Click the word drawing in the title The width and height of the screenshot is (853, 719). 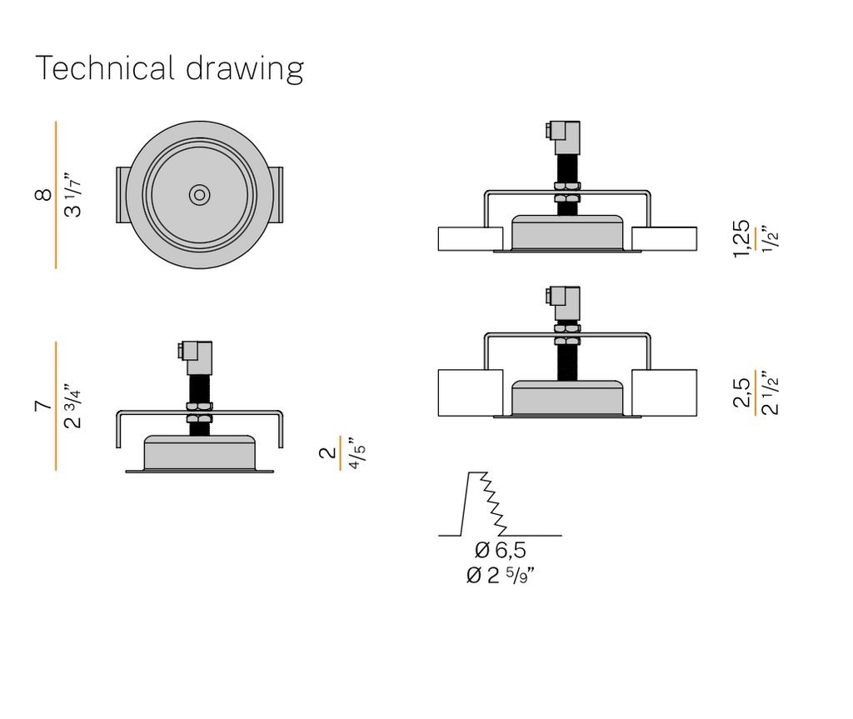tap(245, 69)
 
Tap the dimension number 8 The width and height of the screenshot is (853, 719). tap(43, 194)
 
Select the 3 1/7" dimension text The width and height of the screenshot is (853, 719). tap(73, 196)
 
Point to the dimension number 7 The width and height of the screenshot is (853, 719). tap(43, 406)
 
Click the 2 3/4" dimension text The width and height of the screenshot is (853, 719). tap(73, 406)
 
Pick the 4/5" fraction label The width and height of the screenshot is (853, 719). tap(357, 453)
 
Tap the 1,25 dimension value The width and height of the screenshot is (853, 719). tap(741, 238)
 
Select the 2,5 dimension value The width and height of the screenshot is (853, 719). tap(741, 392)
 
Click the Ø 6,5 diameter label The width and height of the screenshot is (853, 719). tap(500, 550)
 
